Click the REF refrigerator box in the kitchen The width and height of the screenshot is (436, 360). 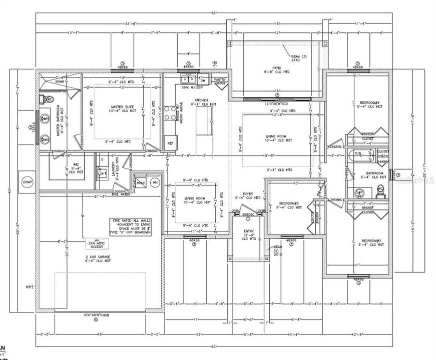171,143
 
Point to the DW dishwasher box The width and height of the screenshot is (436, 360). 203,80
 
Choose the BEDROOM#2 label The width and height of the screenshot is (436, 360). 290,204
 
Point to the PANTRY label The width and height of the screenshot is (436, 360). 220,79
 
